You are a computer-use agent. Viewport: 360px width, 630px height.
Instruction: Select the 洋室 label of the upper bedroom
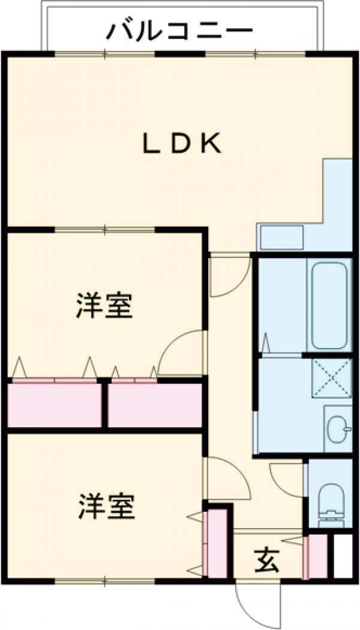point(104,305)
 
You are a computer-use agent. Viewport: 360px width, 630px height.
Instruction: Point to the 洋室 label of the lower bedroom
point(106,507)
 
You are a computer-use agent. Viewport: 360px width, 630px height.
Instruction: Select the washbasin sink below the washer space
point(338,429)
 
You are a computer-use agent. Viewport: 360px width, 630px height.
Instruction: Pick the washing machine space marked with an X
point(330,379)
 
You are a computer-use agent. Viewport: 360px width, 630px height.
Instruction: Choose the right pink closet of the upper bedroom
point(155,406)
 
